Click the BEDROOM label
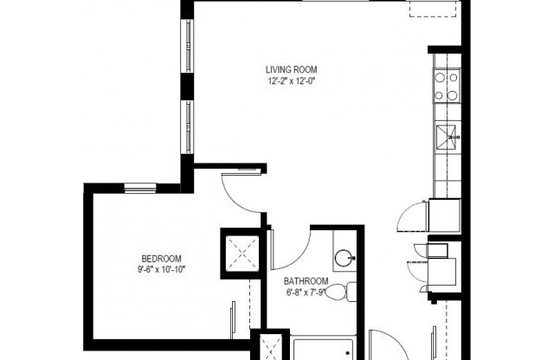click(161, 259)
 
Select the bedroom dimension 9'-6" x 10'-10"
click(161, 270)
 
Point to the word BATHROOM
click(306, 281)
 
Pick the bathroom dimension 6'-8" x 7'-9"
click(306, 292)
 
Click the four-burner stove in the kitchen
click(446, 86)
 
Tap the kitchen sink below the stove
click(447, 134)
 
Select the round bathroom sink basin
click(344, 257)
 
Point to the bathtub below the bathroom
click(324, 350)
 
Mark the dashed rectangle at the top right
click(430, 8)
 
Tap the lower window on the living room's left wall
click(186, 127)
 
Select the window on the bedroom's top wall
click(139, 187)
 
